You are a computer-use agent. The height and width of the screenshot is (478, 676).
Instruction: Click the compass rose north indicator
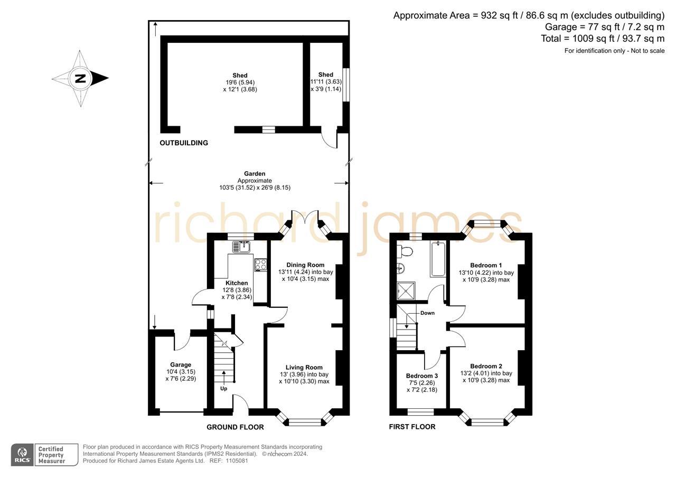tap(80, 79)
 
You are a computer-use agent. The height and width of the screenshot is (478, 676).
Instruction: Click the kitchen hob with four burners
tap(260, 264)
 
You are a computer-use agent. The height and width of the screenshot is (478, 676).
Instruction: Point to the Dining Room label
tap(305, 265)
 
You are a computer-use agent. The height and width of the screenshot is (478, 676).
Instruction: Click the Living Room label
tap(304, 368)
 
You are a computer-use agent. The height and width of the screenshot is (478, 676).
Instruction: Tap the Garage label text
tap(181, 364)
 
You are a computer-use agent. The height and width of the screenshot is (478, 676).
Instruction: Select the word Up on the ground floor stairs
tap(224, 389)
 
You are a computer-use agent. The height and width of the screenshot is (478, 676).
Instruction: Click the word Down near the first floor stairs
tap(427, 313)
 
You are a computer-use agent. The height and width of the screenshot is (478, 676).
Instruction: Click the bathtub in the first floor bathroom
tap(438, 259)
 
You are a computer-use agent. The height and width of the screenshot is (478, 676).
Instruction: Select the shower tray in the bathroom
tap(406, 291)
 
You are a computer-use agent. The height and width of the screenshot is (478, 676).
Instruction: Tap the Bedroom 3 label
tap(421, 376)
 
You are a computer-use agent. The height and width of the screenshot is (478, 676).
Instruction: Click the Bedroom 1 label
tap(486, 265)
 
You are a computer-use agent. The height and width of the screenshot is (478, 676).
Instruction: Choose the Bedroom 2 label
tap(486, 366)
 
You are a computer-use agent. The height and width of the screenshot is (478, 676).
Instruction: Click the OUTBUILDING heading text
tap(184, 143)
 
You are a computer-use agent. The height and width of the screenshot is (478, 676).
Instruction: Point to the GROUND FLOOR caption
tap(235, 427)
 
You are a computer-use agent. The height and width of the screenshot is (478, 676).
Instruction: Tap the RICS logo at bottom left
tap(22, 455)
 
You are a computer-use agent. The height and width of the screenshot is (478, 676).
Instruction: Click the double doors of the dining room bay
tap(305, 219)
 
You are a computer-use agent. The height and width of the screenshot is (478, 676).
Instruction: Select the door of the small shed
tap(330, 140)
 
